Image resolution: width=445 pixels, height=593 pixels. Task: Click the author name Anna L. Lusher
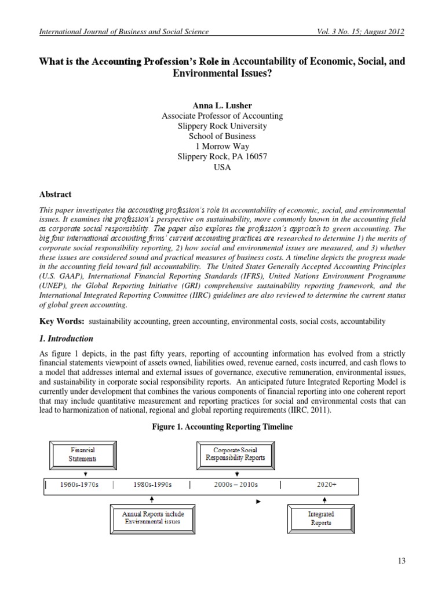pos(222,106)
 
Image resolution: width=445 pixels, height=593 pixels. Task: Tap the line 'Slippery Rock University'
pos(222,126)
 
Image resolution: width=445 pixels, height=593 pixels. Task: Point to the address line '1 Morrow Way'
pos(222,147)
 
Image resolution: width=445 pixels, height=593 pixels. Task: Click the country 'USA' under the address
pos(222,167)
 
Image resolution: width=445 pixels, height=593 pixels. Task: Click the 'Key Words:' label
pos(62,320)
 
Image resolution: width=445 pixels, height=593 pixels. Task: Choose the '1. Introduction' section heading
pos(66,338)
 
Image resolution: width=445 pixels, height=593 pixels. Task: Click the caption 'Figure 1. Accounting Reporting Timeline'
pos(222,426)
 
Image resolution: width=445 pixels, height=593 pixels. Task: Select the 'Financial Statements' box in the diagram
pos(83,454)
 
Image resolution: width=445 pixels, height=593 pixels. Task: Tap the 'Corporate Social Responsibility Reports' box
pos(235,453)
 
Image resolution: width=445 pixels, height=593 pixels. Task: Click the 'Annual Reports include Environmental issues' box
pos(152,517)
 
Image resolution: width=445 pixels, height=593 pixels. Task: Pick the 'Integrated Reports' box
pos(320,517)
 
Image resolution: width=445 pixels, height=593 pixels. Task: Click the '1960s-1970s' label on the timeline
pos(79,485)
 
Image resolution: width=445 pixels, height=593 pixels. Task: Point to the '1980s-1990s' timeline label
pos(152,485)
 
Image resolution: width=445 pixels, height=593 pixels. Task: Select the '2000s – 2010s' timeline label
pos(235,485)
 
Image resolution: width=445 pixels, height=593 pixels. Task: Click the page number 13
pos(402,560)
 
